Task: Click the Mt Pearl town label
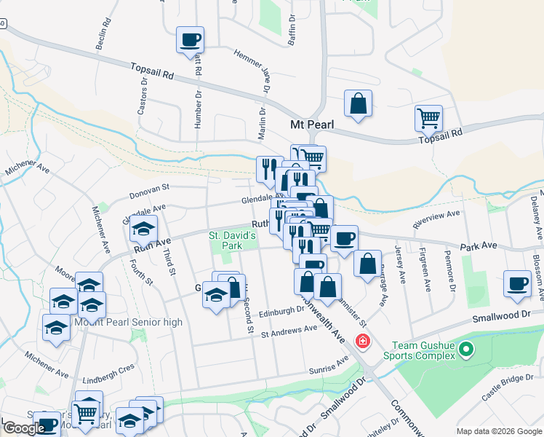312,125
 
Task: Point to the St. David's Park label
233,241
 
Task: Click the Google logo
24,428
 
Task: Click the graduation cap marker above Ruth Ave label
144,229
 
